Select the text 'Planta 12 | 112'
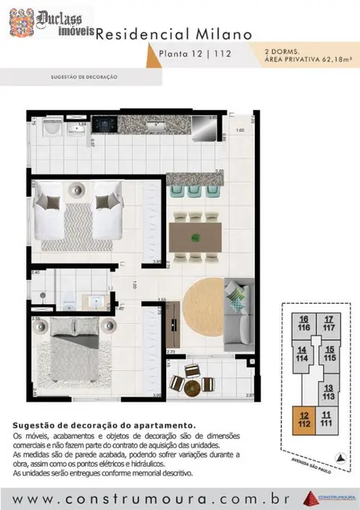tap(189, 53)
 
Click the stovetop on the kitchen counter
tap(104, 124)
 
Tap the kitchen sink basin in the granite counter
tap(154, 124)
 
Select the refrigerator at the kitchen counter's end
tap(202, 126)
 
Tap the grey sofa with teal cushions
tap(237, 313)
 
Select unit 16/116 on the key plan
tap(303, 322)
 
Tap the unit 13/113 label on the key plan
tap(329, 392)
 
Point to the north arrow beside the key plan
tap(339, 457)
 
